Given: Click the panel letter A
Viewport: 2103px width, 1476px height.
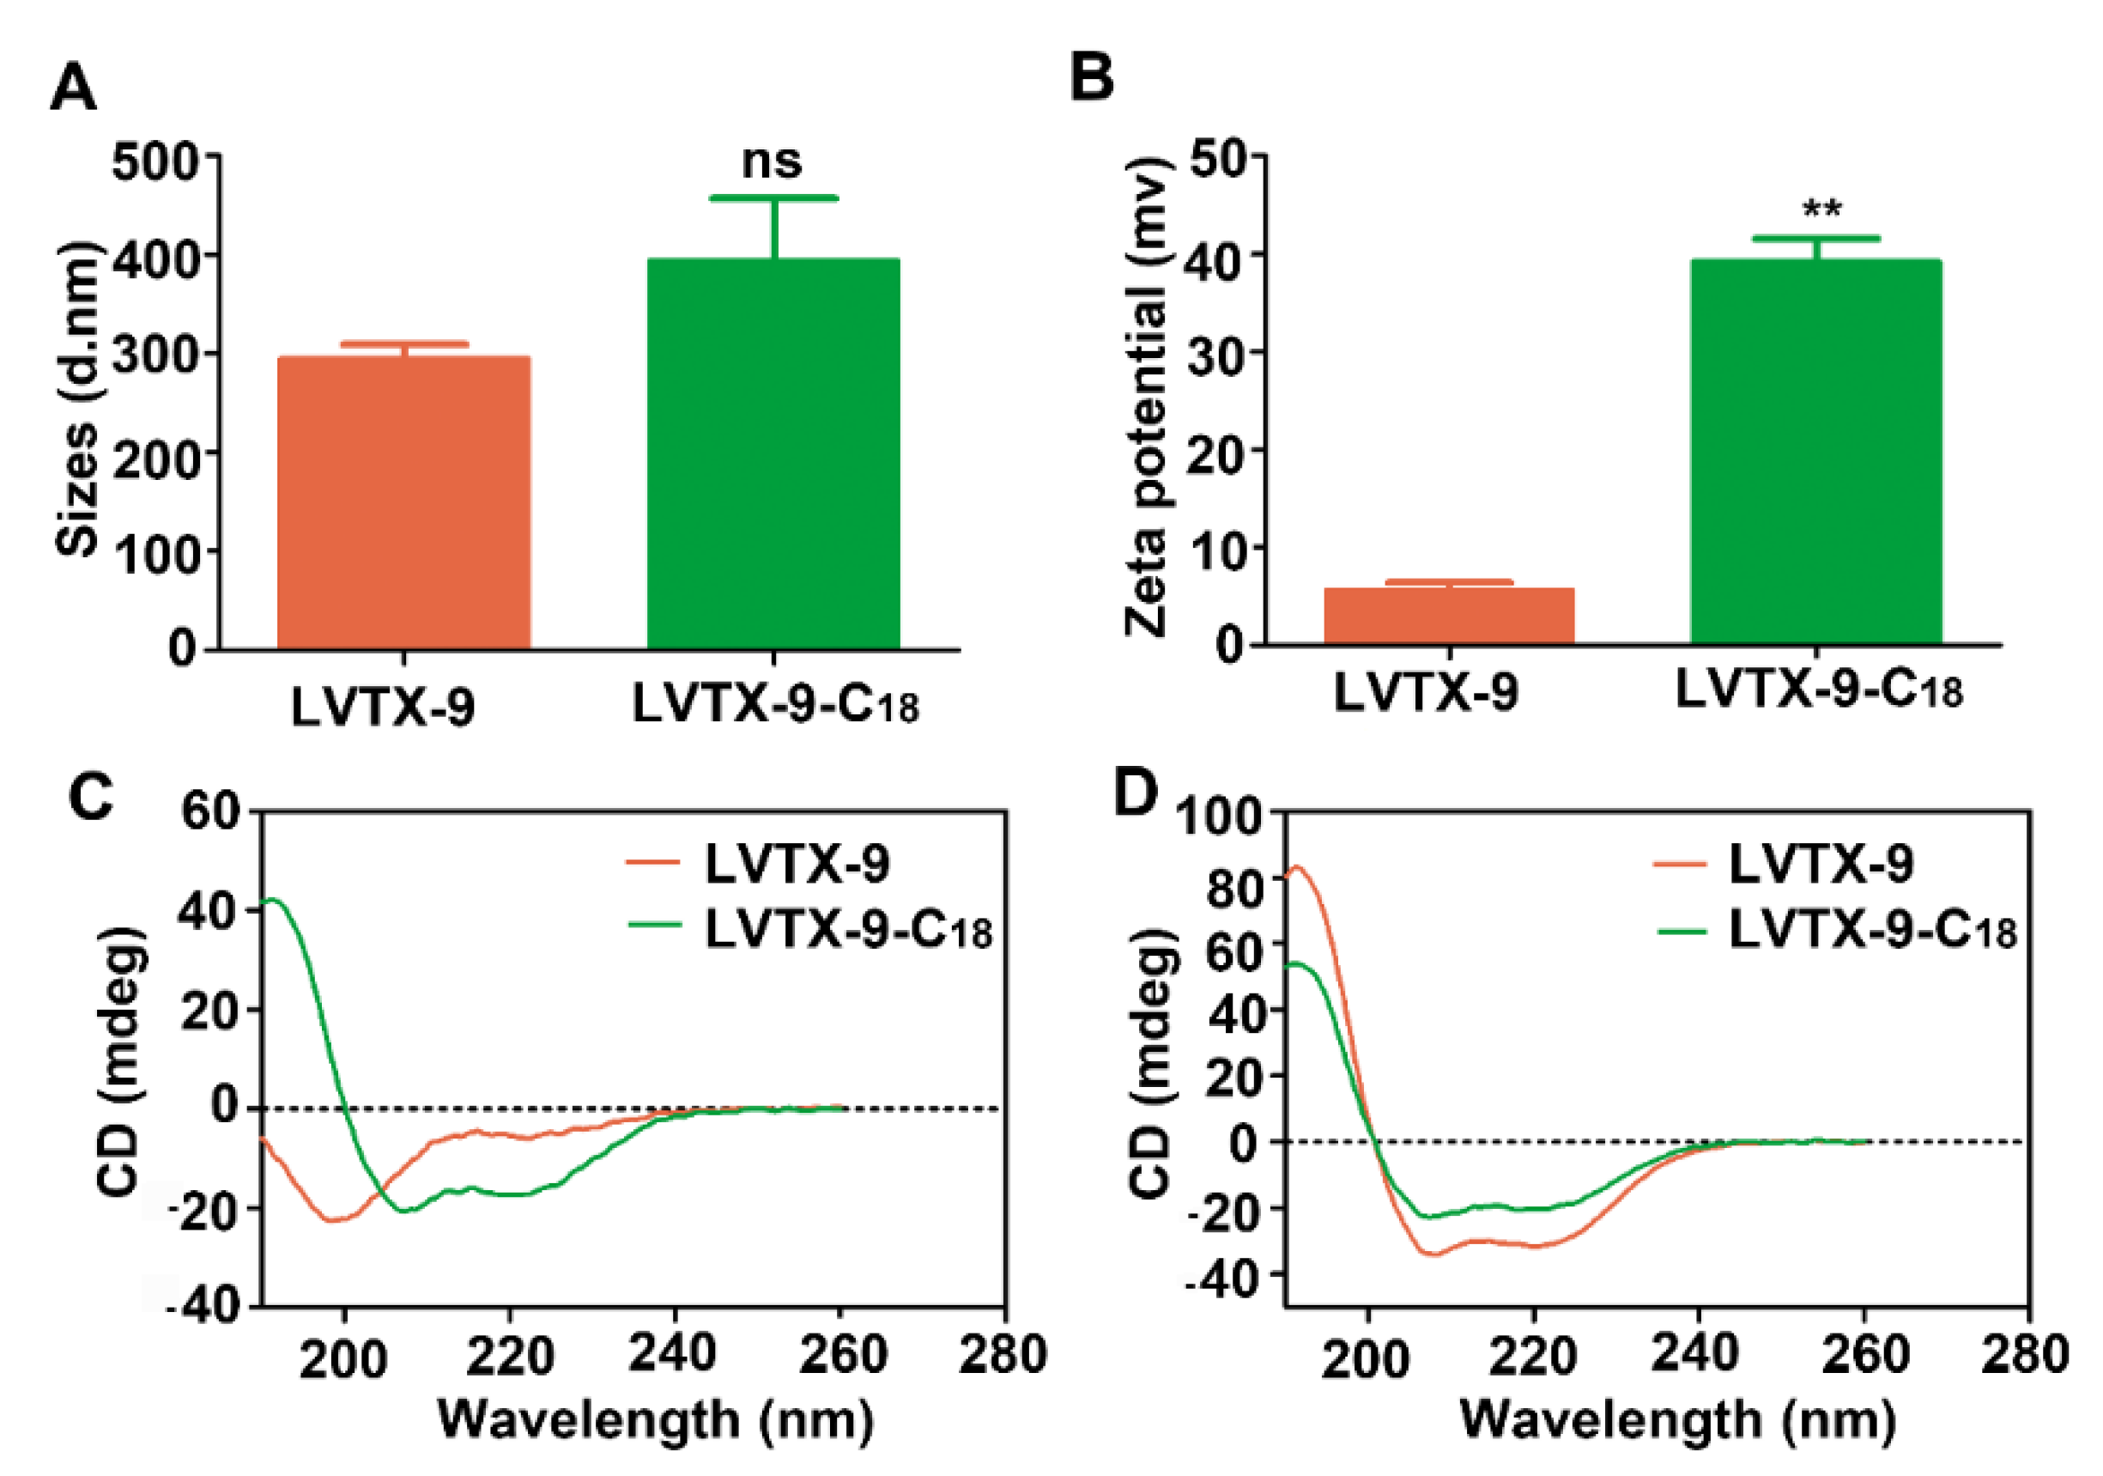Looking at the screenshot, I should point(72,89).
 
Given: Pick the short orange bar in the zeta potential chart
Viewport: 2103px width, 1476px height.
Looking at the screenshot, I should point(1449,616).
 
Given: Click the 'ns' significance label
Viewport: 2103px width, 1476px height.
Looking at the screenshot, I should point(773,161).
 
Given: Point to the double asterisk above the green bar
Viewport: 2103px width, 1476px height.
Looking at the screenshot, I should point(1821,209).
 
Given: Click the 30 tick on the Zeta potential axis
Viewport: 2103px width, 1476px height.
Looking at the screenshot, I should point(1215,354).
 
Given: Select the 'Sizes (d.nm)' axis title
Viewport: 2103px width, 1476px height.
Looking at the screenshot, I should point(78,399).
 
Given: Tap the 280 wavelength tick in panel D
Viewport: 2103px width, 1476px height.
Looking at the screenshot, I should point(2025,1354).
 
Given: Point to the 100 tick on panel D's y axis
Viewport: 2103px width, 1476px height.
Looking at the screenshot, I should point(1217,816).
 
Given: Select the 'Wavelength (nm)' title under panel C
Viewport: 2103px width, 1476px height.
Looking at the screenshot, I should point(656,1420).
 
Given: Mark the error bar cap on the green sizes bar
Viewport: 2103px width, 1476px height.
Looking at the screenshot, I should point(774,197).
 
